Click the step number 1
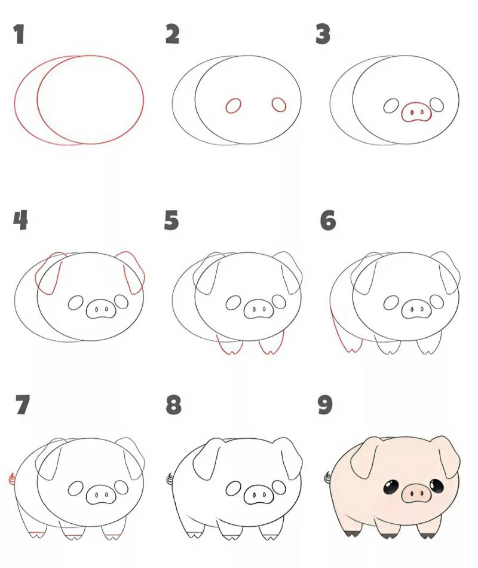[19, 34]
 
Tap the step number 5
[171, 221]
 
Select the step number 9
[324, 405]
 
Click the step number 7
[22, 405]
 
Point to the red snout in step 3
[416, 112]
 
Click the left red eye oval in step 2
[233, 106]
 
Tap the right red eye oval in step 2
[279, 105]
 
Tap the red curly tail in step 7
[11, 478]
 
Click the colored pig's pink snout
[416, 494]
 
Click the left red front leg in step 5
[229, 345]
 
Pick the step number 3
[323, 34]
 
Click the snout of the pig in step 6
[416, 310]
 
